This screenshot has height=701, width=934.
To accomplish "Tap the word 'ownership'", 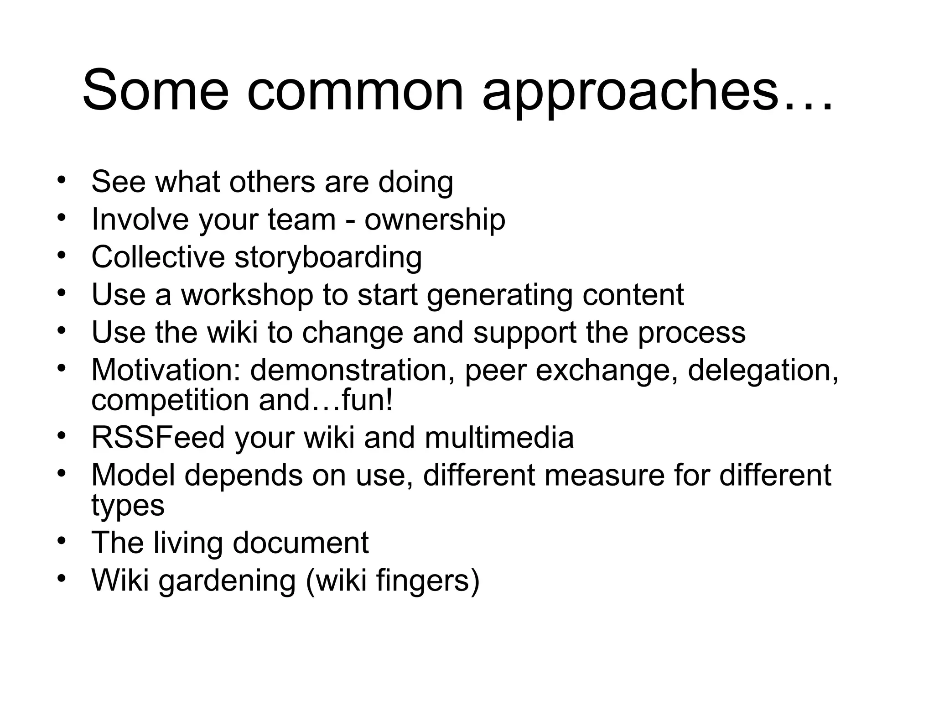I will click(x=435, y=220).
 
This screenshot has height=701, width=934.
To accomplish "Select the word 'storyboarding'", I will click(x=328, y=257).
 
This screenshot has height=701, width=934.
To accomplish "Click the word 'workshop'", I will click(x=248, y=295).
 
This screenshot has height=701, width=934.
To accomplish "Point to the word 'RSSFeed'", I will click(x=158, y=437).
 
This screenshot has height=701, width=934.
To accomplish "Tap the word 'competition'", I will click(x=170, y=400).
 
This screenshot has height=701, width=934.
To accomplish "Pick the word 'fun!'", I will click(x=367, y=400).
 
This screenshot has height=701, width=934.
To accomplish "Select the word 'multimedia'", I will click(x=499, y=437).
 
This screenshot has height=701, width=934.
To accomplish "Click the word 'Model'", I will click(x=133, y=475).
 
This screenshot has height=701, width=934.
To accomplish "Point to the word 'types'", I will click(x=128, y=506).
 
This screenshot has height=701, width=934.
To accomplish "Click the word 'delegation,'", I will click(x=763, y=370).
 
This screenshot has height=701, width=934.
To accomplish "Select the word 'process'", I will click(x=691, y=332).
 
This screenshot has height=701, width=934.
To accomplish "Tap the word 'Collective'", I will click(x=158, y=257).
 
